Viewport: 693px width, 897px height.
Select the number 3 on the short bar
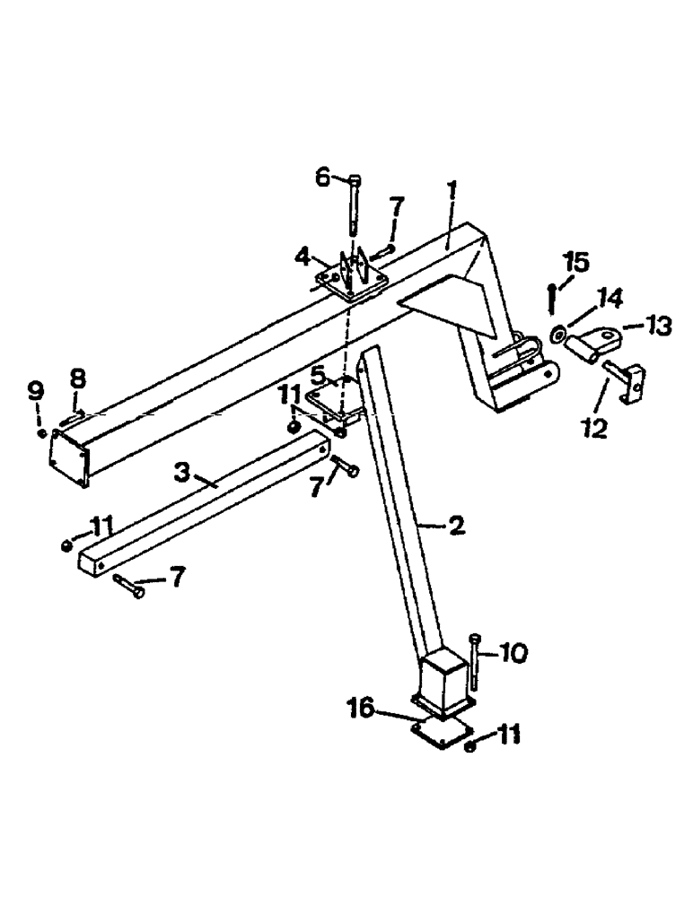(x=182, y=474)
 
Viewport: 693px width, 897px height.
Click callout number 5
(x=318, y=373)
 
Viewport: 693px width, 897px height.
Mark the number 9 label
(x=35, y=391)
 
